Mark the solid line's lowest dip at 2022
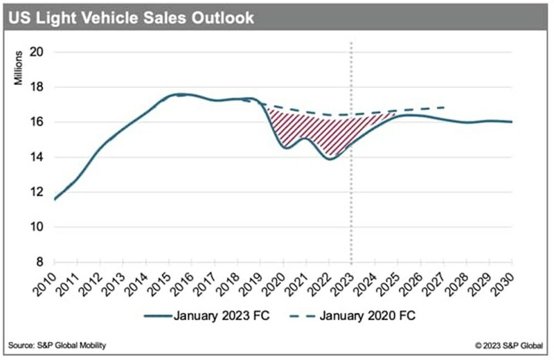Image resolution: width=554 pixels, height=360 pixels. click(330, 159)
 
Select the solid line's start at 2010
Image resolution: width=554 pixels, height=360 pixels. click(55, 199)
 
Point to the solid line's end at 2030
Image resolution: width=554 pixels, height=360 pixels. click(511, 122)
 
